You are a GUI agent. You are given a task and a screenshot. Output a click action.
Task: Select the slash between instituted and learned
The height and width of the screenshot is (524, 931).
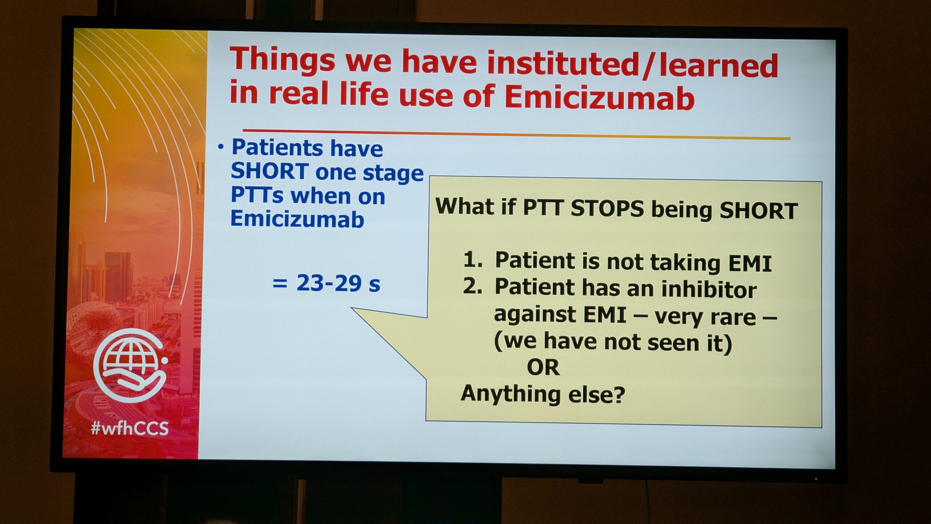point(648,66)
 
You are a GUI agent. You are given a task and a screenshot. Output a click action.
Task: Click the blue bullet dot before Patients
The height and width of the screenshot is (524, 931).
point(220,147)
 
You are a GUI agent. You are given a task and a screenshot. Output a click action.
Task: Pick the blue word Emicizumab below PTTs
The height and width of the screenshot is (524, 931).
point(297,219)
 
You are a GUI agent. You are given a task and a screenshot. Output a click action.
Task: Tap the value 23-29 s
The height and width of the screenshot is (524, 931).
point(338,283)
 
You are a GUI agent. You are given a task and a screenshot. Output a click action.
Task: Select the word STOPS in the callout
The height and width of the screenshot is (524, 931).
point(607,209)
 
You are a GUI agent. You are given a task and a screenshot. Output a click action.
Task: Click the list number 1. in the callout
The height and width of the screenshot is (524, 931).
point(473,259)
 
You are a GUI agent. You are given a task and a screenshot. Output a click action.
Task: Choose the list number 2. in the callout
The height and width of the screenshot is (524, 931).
point(473,286)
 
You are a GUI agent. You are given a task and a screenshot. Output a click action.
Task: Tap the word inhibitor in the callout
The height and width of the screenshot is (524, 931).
point(709,289)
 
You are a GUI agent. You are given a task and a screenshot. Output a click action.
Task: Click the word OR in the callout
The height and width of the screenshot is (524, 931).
point(543,368)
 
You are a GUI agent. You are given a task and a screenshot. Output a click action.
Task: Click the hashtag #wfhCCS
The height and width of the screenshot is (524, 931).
point(130,428)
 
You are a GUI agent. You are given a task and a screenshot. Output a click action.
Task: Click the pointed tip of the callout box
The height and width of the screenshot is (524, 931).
point(351,308)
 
